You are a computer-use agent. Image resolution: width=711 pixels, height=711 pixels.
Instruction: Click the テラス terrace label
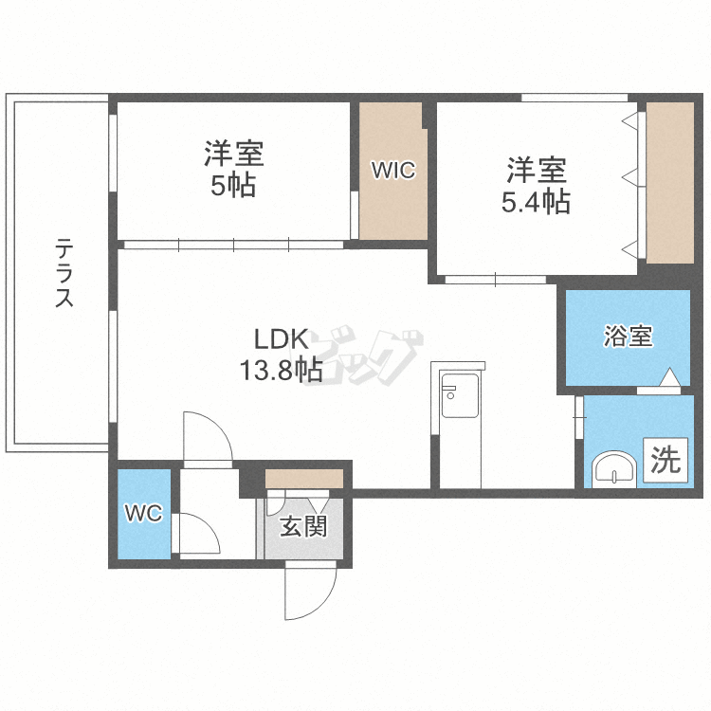64,274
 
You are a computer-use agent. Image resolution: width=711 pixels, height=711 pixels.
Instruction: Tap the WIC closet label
392,171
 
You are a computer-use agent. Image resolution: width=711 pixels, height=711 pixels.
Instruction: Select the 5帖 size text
233,185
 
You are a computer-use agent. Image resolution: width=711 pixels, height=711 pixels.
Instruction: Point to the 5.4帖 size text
536,201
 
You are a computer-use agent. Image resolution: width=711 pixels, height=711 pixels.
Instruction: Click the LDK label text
279,339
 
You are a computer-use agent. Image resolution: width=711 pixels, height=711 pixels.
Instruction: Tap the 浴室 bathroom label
628,336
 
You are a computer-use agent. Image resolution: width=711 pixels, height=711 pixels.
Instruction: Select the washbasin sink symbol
613,469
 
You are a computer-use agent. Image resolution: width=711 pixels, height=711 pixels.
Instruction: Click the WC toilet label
144,514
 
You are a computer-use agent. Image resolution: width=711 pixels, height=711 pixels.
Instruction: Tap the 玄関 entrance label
302,524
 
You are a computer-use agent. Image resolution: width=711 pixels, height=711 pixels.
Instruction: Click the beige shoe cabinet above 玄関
303,478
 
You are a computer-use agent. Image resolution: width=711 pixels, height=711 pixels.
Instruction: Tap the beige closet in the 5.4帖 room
669,182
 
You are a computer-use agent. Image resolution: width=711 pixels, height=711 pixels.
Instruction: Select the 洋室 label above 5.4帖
536,171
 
